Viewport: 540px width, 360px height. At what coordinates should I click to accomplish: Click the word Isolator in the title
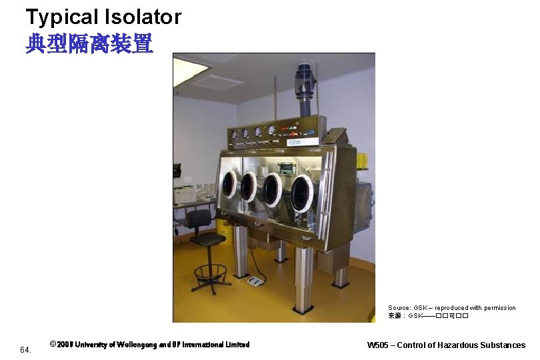[144, 17]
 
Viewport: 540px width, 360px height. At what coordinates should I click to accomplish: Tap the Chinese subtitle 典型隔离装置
[89, 44]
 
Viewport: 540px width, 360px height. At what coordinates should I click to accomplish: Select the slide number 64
[25, 349]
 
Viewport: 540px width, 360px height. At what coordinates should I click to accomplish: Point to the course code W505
[379, 345]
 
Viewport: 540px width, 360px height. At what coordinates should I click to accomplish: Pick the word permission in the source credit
[494, 308]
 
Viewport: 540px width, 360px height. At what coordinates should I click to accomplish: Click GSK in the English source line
[420, 308]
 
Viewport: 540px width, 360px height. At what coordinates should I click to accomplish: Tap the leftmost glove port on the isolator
[229, 183]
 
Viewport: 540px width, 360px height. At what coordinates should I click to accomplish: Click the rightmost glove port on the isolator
[302, 194]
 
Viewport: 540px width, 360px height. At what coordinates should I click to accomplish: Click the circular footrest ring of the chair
[210, 271]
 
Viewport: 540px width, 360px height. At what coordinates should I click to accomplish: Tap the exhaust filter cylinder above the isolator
[305, 83]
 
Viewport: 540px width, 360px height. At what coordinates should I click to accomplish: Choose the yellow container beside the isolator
[361, 161]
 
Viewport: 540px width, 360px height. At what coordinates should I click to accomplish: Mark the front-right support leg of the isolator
[304, 280]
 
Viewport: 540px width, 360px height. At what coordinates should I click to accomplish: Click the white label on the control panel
[294, 142]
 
